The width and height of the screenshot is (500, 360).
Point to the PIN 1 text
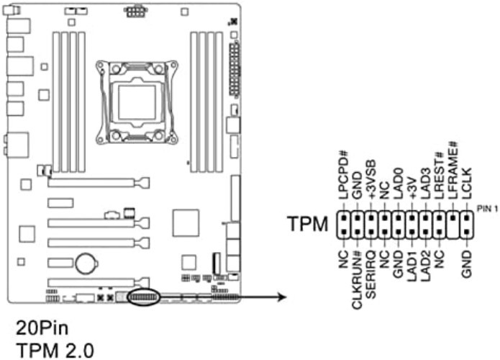point(486,208)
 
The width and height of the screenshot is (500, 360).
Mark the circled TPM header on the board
point(142,297)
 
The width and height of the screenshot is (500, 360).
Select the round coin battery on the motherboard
point(88,261)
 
